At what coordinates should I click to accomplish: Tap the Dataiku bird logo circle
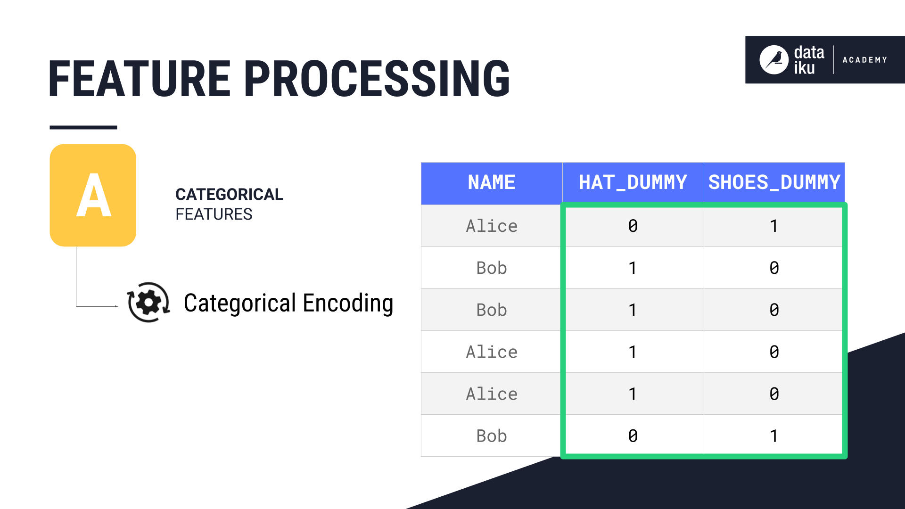point(773,60)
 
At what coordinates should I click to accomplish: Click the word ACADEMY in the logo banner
point(865,60)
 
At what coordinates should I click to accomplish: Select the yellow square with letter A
point(93,195)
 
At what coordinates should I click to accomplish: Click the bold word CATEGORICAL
point(229,194)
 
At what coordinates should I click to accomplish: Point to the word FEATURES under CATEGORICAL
point(214,214)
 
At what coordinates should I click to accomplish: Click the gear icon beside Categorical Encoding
point(148,303)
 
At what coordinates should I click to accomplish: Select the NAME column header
point(491,183)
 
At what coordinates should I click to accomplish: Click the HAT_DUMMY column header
point(633,183)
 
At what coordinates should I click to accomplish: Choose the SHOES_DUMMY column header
point(774,183)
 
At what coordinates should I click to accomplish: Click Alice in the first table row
point(491,226)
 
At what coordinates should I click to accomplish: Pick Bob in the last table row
point(491,436)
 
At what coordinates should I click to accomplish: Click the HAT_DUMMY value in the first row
point(633,226)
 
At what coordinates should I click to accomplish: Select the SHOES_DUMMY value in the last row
point(773,436)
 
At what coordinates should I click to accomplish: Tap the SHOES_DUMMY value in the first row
point(773,226)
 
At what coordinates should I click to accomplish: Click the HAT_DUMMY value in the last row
point(633,436)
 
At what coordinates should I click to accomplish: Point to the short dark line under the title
point(83,127)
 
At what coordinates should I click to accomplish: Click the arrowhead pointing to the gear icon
point(116,306)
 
